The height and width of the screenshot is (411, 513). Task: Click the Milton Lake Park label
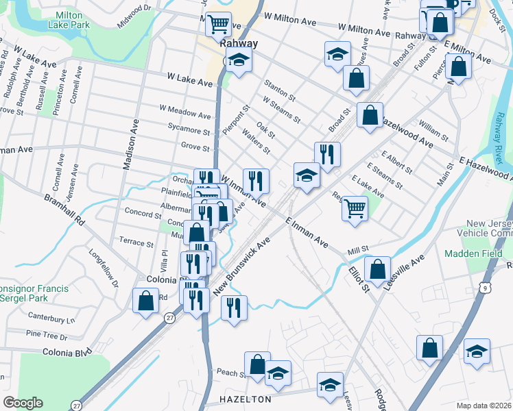click(x=69, y=19)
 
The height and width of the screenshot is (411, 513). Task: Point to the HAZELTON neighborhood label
click(x=245, y=398)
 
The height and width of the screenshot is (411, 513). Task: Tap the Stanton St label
click(x=280, y=90)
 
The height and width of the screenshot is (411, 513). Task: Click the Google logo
click(x=23, y=403)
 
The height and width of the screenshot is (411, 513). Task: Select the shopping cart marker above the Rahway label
click(x=218, y=25)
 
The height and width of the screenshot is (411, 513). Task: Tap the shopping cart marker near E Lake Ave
click(x=355, y=207)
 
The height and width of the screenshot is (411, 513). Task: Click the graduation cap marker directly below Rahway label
click(x=239, y=60)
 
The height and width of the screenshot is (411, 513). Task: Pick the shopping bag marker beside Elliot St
click(x=377, y=269)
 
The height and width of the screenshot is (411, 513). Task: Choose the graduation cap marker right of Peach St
click(x=278, y=373)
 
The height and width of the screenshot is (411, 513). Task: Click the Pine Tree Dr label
click(x=50, y=334)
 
